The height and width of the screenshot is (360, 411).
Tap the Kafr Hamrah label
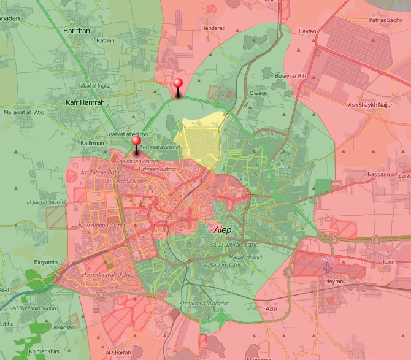point(85,102)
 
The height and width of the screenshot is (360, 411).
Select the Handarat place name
point(210,28)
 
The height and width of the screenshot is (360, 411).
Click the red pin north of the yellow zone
point(178,84)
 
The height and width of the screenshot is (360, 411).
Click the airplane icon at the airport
point(326,268)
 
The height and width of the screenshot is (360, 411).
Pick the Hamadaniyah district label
point(107,275)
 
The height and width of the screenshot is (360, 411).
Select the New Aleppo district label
point(101,226)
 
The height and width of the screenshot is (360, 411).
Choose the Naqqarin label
point(379,175)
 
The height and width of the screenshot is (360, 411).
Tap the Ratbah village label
point(106,41)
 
